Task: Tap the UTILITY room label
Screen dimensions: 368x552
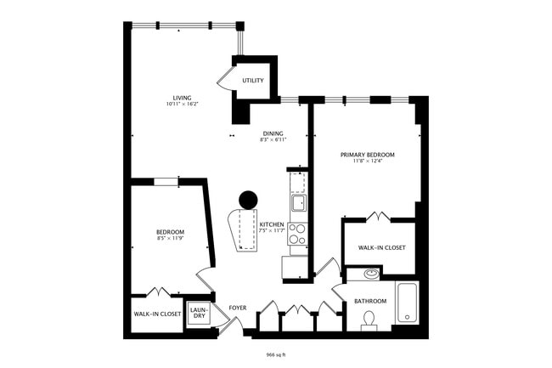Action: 252,81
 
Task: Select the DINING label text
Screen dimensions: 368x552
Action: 273,133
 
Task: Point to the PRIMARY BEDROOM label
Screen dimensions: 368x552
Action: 368,155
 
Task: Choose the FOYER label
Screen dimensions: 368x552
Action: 238,307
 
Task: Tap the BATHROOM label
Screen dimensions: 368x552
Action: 370,301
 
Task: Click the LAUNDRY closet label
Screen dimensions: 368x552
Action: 198,312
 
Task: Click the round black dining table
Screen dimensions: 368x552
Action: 248,200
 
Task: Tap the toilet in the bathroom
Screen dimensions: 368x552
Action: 369,320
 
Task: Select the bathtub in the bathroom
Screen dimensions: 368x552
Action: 408,303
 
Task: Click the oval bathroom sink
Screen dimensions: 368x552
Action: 370,275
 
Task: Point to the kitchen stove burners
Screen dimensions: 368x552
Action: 297,234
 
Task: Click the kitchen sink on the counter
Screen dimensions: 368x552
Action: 298,202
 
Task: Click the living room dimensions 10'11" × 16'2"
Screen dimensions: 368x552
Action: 182,105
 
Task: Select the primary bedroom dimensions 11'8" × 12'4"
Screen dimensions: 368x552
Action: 368,161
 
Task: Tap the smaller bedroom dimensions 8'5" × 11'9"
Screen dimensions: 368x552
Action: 170,239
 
